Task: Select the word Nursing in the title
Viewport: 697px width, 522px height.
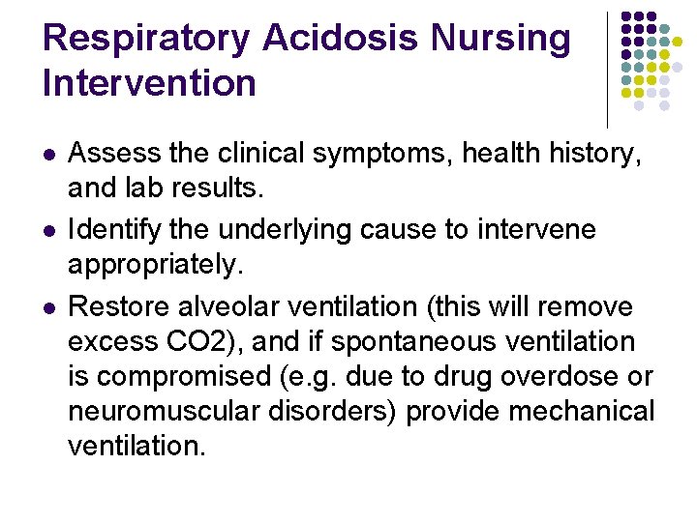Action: tap(500, 40)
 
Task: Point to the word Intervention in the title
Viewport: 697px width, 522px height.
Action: tap(149, 83)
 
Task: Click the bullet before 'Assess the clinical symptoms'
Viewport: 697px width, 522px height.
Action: tap(49, 155)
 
